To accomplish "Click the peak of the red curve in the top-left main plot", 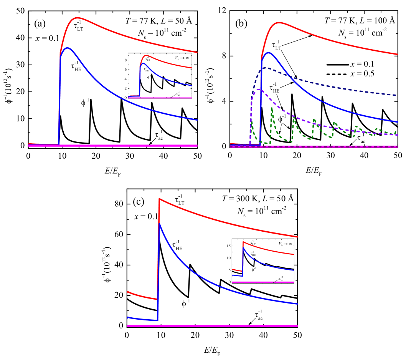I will click(x=78, y=18).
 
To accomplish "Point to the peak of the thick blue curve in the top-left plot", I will click(x=68, y=48).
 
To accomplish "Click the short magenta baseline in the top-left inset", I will click(x=160, y=98).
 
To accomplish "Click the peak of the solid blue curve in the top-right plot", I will click(x=269, y=53).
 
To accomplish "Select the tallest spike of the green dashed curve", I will click(x=272, y=109).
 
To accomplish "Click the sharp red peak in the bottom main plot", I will click(x=159, y=199).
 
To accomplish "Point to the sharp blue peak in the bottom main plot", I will click(x=159, y=223).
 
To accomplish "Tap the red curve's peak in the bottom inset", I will click(x=243, y=242).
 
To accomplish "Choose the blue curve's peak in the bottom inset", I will click(x=243, y=248).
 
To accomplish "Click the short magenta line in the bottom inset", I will click(x=263, y=282).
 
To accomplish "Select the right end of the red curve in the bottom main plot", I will click(x=297, y=237).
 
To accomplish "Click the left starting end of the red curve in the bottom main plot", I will click(x=128, y=292).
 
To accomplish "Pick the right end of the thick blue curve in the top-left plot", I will click(x=197, y=120).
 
